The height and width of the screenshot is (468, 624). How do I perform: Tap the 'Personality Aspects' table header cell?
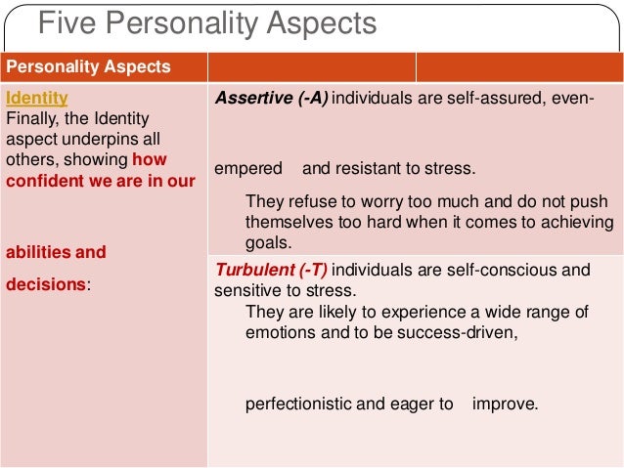click(89, 67)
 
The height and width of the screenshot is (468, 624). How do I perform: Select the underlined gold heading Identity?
click(37, 99)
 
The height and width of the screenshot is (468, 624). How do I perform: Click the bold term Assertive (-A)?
click(272, 99)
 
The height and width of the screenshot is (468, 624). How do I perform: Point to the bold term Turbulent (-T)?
click(269, 270)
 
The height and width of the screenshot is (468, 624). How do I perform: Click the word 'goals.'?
click(269, 244)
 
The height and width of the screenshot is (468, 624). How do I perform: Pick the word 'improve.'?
click(505, 403)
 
